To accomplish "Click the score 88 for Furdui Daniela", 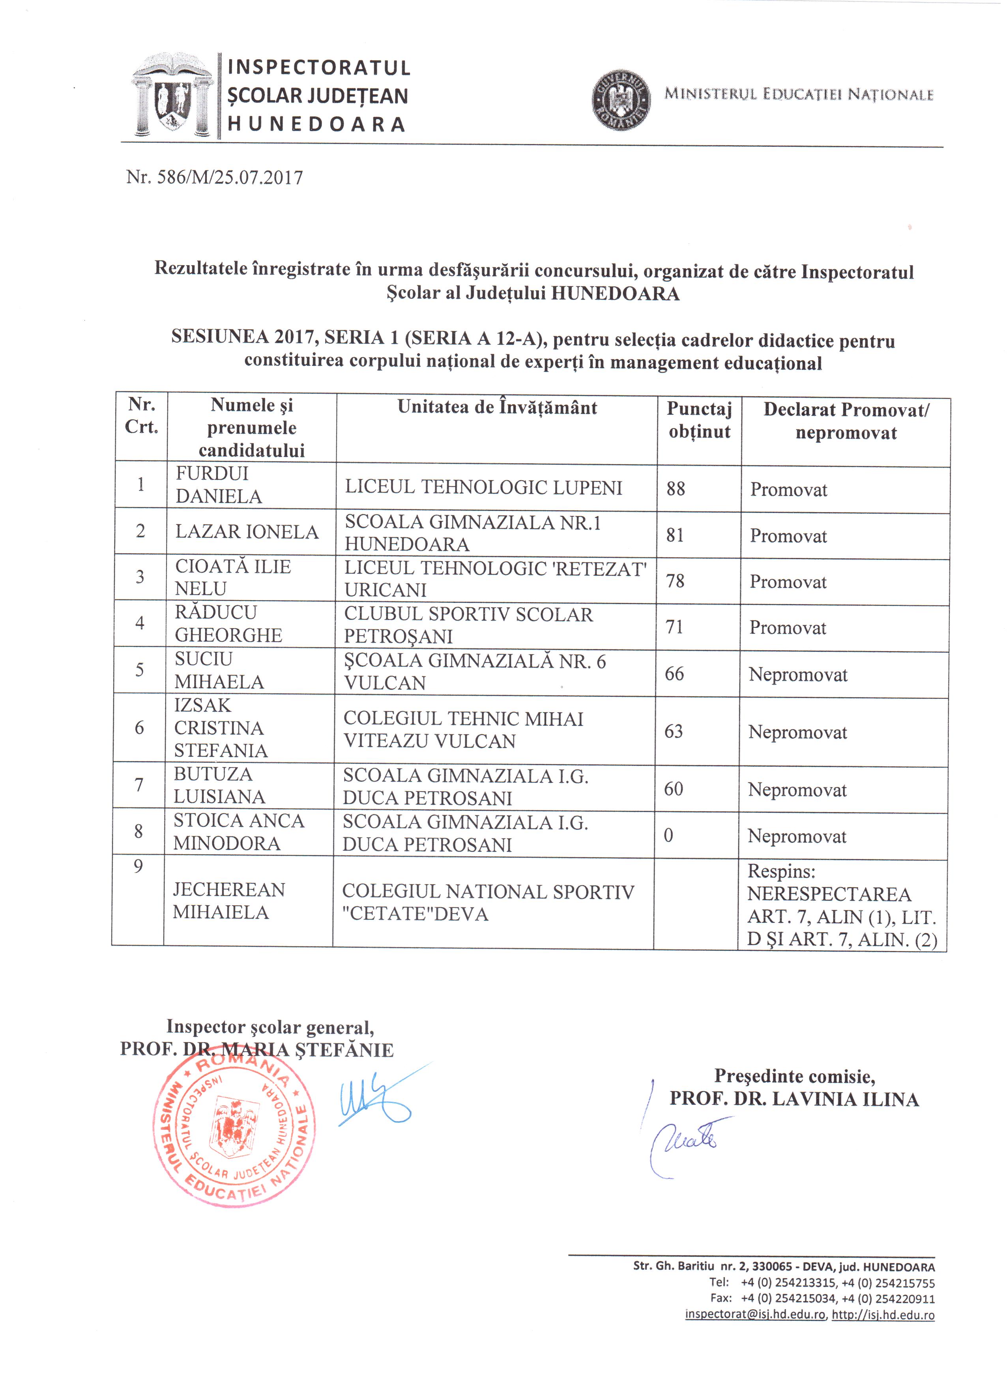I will click(676, 488).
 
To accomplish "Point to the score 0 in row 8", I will click(669, 835).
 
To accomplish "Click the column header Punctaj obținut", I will click(699, 420).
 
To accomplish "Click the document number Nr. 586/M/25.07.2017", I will click(214, 177).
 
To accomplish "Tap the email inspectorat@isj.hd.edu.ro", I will click(755, 1314).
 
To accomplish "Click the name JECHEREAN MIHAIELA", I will click(229, 901).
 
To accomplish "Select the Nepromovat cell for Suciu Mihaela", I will click(798, 675).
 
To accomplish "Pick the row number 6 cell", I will click(140, 727).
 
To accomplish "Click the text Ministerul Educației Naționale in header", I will click(799, 95).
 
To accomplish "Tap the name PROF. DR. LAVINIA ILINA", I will click(794, 1099).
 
